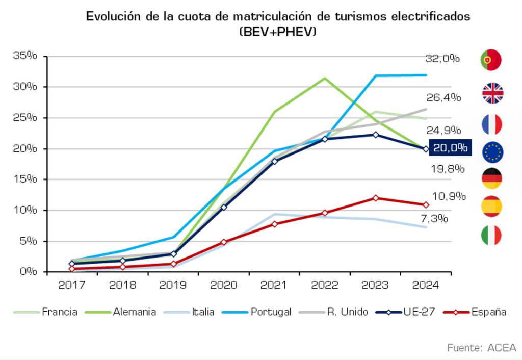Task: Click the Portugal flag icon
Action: point(491,60)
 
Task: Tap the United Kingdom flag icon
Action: point(492,93)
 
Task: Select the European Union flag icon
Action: point(492,151)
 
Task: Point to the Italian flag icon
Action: point(491,235)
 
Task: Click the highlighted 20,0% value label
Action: point(450,148)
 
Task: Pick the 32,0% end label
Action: point(442,58)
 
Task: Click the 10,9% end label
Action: point(449,196)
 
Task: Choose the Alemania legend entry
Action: point(134,312)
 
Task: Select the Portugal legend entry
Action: point(271,312)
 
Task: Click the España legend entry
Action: point(489,312)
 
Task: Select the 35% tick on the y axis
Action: point(25,56)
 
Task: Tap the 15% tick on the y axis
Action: point(25,179)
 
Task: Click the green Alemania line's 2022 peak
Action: point(325,78)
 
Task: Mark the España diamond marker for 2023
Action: point(376,198)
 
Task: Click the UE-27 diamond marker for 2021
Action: point(275,161)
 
